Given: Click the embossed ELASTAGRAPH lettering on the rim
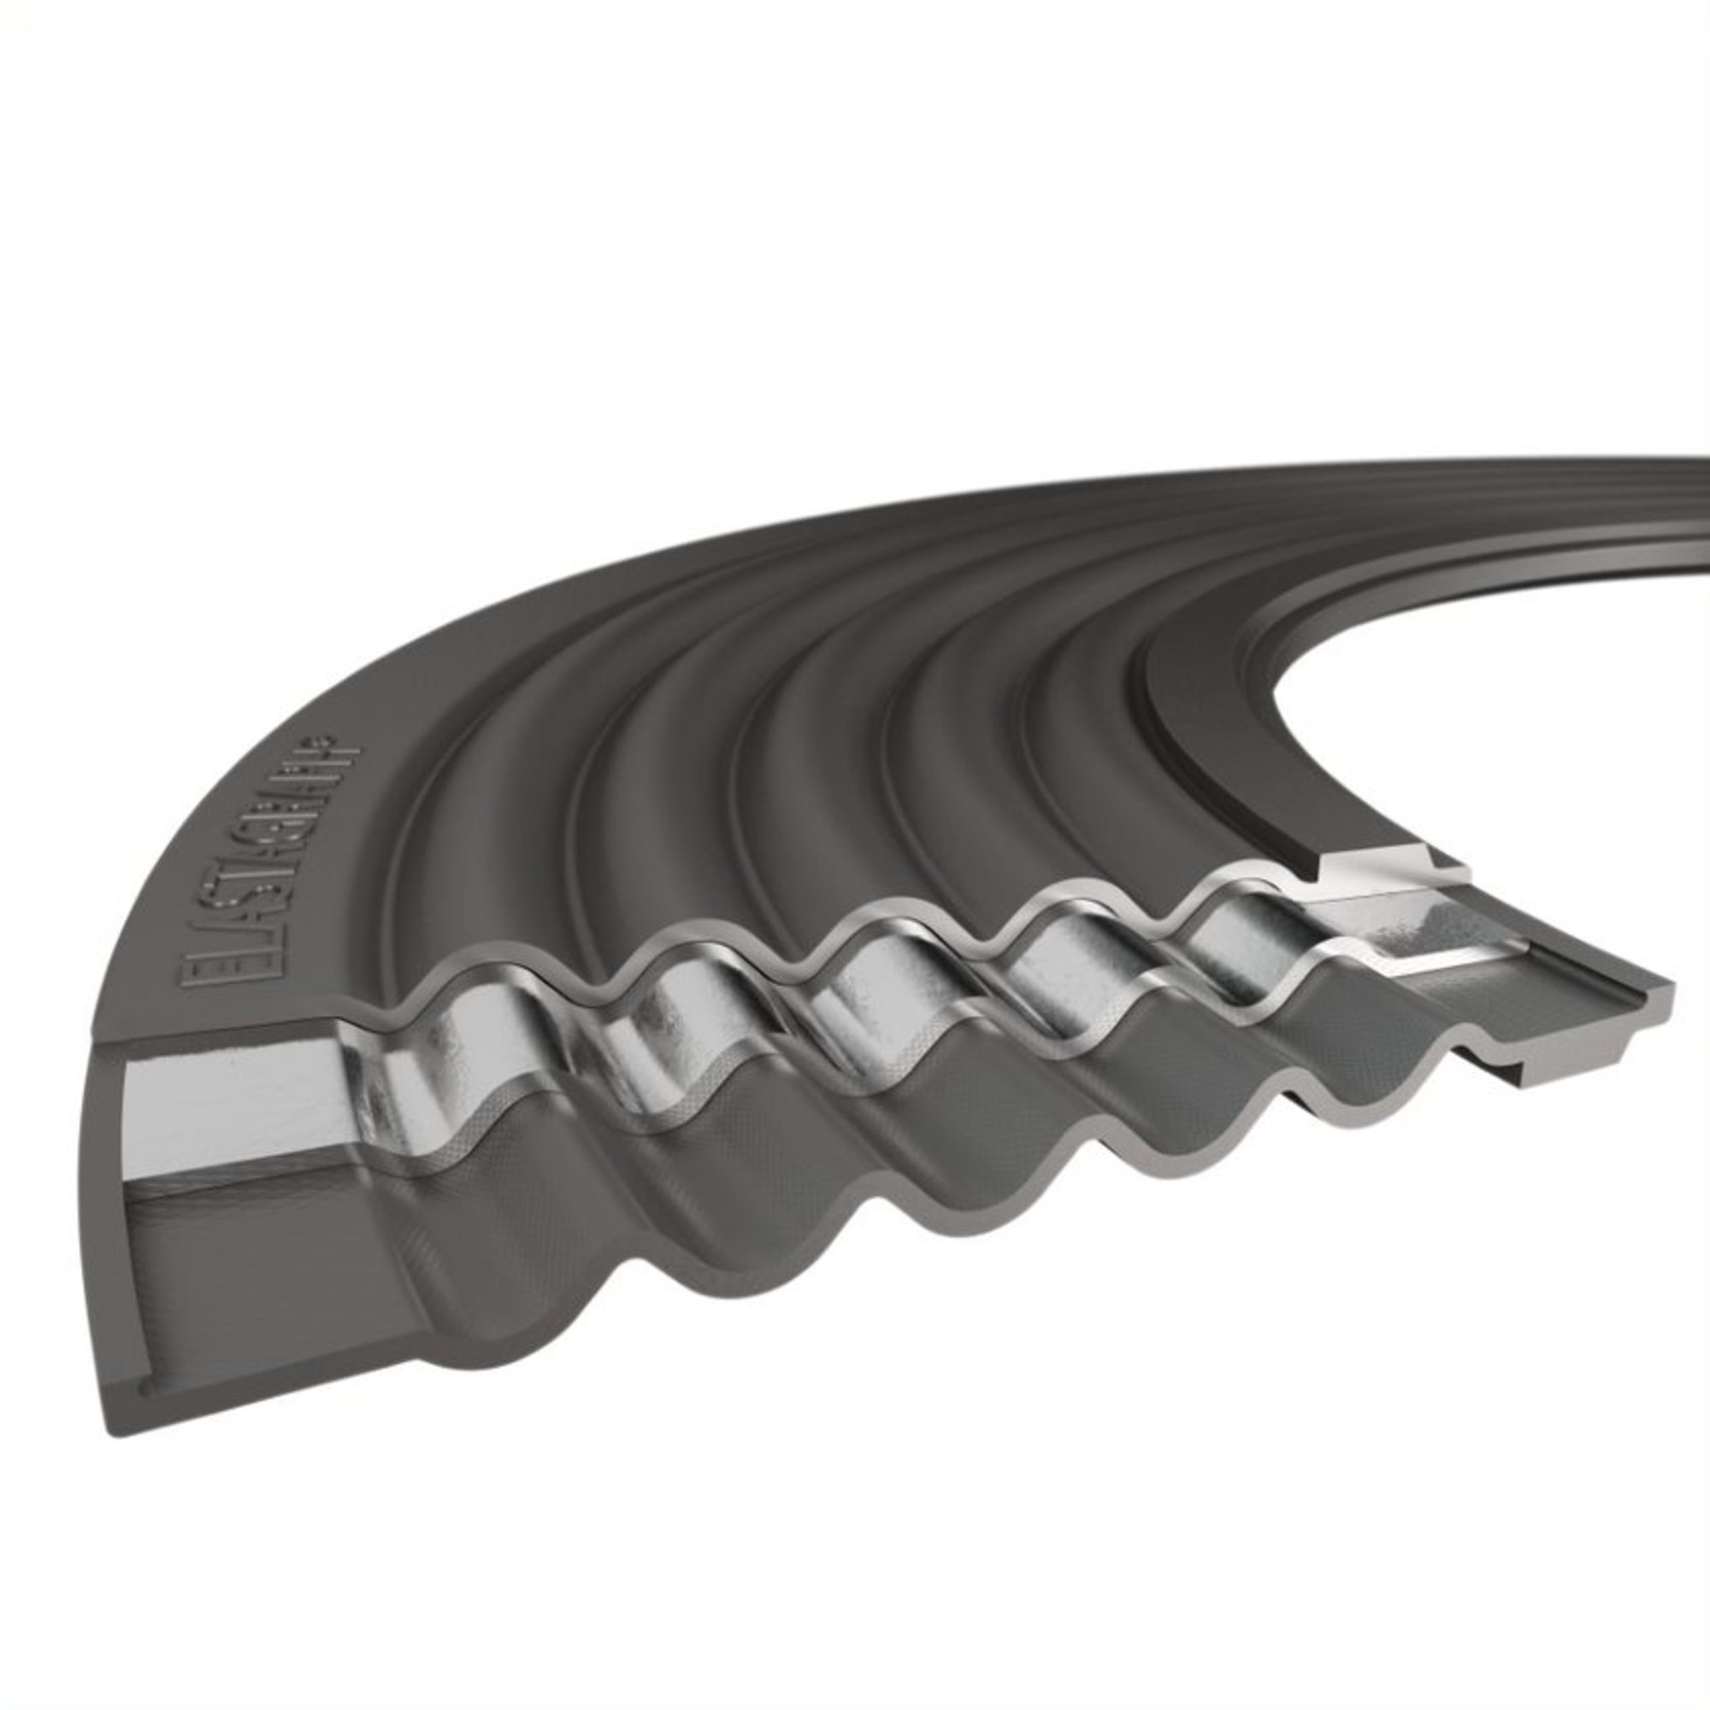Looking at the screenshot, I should (269, 867).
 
